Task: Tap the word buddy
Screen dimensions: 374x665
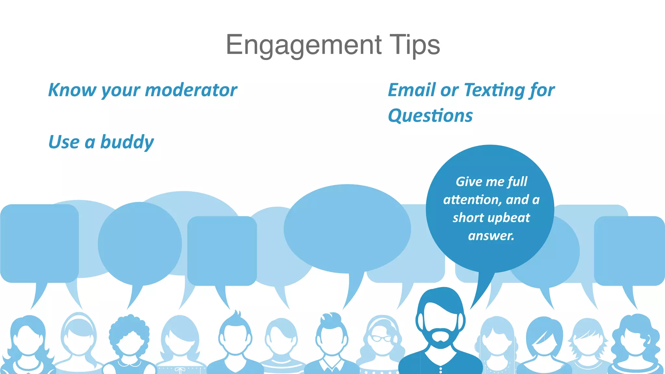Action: pyautogui.click(x=127, y=142)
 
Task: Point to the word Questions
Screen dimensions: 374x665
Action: pyautogui.click(x=430, y=116)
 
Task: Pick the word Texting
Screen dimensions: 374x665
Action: pyautogui.click(x=494, y=90)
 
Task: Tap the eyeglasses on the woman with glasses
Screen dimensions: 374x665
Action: pyautogui.click(x=382, y=339)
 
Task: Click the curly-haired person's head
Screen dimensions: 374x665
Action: pyautogui.click(x=129, y=334)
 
